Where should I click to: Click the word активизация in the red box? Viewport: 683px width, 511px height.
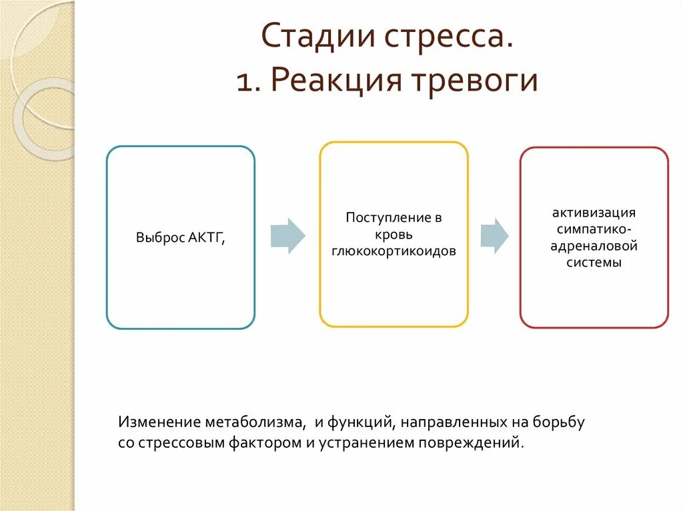594,213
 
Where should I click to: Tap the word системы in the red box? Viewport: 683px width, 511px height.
594,262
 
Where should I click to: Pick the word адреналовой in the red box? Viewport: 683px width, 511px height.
594,246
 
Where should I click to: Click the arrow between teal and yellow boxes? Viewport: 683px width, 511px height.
287,235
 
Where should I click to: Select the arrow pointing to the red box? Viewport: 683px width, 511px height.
494,235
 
